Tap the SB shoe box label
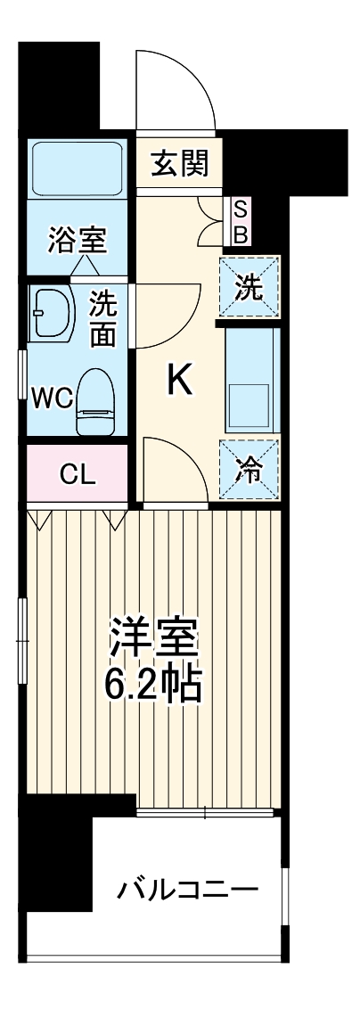[241, 222]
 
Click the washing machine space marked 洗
[250, 287]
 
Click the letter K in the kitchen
[180, 382]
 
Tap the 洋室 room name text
[153, 639]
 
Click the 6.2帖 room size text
[153, 684]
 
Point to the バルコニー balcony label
[187, 889]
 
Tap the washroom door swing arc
[169, 316]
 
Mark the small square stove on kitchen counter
[250, 406]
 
